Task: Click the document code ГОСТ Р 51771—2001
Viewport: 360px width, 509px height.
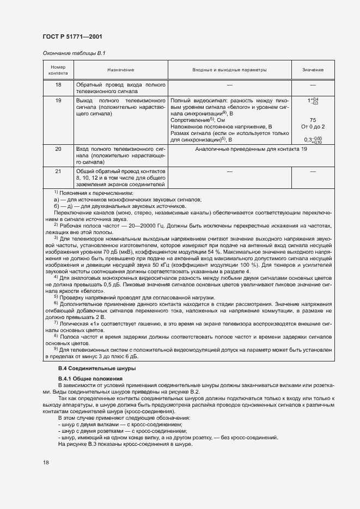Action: [72, 36]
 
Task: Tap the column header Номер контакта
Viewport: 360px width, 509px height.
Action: [58, 70]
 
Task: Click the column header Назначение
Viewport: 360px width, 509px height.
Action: [120, 70]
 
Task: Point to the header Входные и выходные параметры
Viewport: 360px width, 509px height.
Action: [230, 70]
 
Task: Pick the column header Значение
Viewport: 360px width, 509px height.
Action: [313, 70]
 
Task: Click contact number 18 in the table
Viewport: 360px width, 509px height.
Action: [58, 85]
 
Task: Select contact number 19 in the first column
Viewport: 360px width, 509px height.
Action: [58, 101]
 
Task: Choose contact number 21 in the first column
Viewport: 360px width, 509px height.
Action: [58, 171]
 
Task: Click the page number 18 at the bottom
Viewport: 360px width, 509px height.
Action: [46, 462]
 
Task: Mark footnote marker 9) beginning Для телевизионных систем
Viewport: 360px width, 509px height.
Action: [56, 348]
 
